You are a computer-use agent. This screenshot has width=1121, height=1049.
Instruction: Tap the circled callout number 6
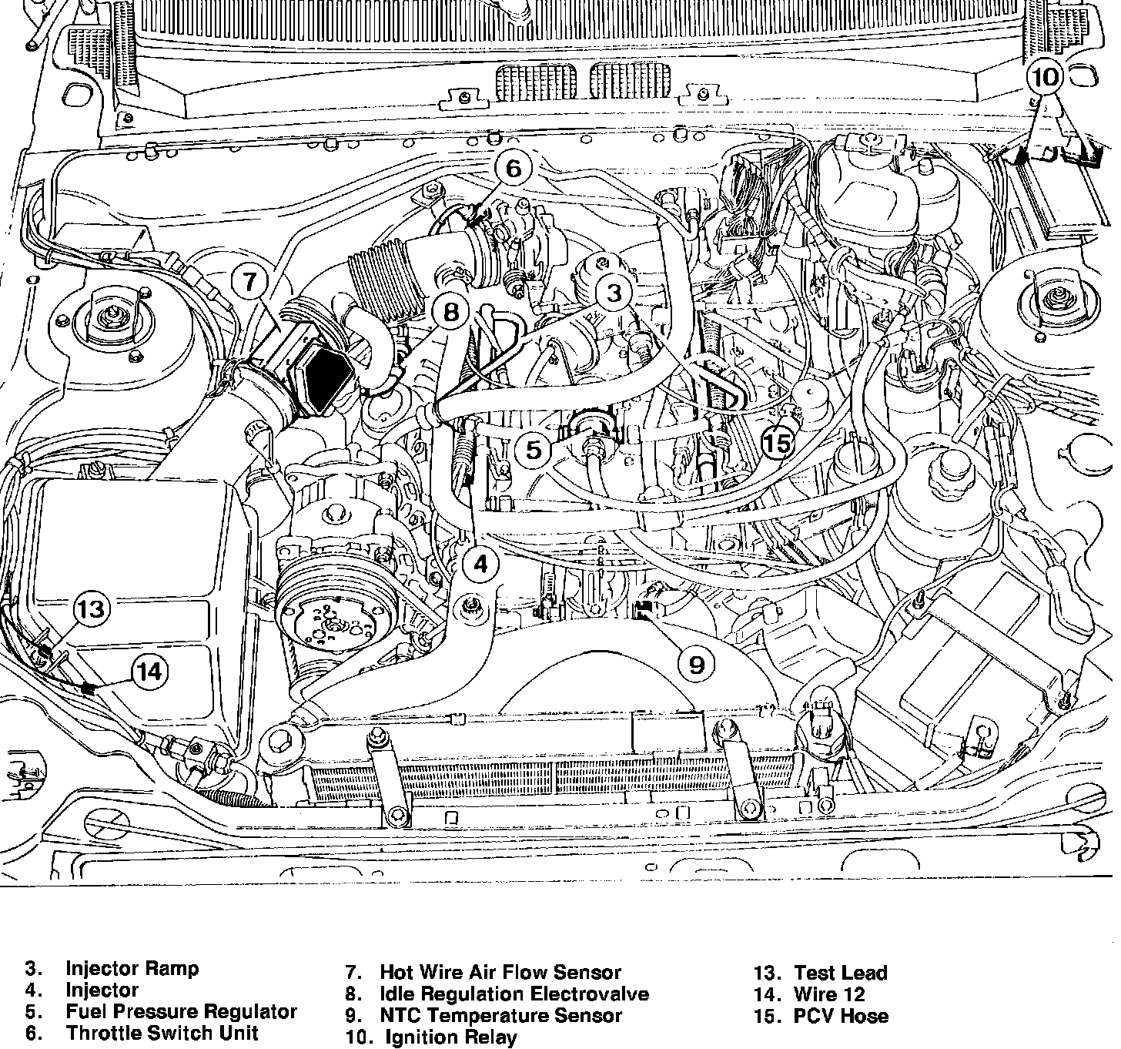514,169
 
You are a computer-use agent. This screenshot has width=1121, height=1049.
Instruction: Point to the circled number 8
451,312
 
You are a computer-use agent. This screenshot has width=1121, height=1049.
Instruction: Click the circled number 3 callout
614,293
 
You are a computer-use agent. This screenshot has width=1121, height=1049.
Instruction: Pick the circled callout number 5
534,448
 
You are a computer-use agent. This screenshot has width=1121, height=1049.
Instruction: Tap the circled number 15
778,443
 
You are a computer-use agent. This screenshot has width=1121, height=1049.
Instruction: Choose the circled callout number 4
480,564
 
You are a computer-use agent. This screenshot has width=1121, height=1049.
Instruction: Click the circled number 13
91,610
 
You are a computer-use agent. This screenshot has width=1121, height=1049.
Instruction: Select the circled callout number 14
149,672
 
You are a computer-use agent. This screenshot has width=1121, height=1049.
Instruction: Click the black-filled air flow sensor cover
325,380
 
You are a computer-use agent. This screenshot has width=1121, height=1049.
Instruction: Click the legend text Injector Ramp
132,968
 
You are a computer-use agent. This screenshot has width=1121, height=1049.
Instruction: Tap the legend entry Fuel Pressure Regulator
181,1011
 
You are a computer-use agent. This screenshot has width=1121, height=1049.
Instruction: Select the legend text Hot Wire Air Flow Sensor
500,973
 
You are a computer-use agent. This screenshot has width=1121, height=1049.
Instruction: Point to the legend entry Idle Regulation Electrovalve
514,994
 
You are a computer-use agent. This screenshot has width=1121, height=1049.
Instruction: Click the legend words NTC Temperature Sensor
500,1016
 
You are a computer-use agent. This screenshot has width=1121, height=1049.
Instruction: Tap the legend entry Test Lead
840,973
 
